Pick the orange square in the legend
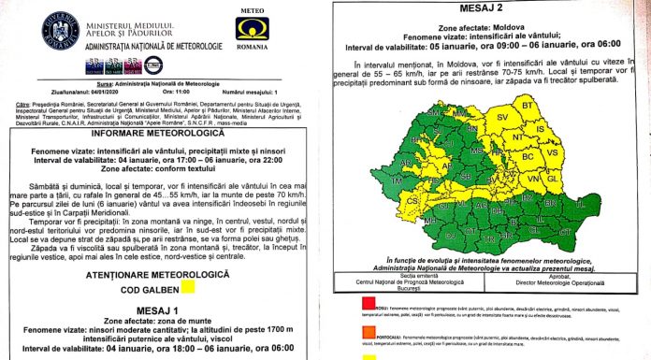(348, 323)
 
